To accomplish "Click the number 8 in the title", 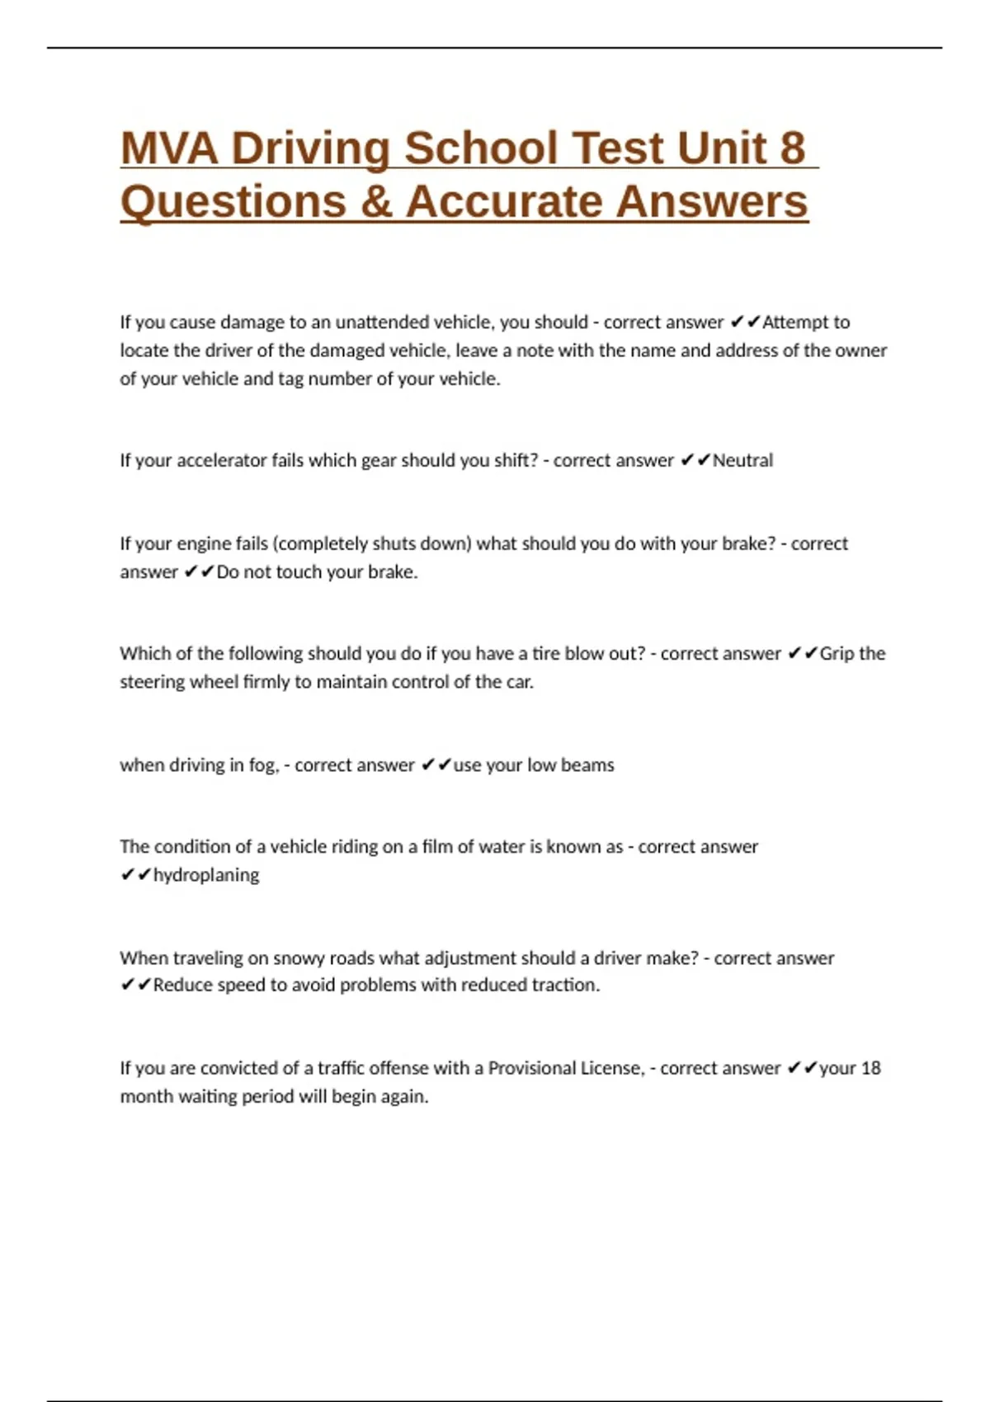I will coord(791,148).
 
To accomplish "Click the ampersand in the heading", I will coord(375,202).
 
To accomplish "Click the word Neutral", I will coord(742,460).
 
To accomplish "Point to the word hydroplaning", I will coord(206,875).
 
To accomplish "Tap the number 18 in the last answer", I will coord(870,1068).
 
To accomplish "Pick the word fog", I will coord(263,765).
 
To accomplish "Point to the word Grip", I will coord(837,654).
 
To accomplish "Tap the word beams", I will coord(587,765).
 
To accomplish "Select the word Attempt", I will coord(796,322).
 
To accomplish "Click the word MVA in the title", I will coord(169,148).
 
